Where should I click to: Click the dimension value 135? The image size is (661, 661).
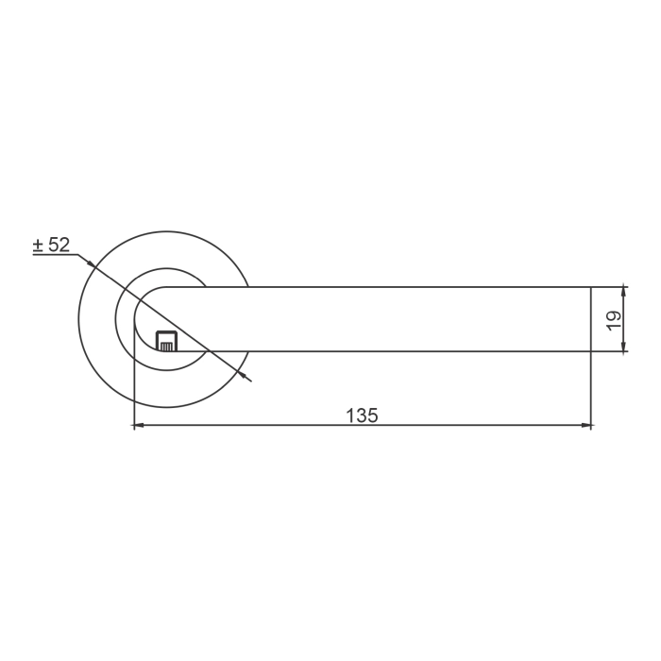[x=362, y=415]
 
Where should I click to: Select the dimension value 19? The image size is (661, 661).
[x=614, y=319]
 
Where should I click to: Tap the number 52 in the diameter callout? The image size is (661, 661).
[x=59, y=245]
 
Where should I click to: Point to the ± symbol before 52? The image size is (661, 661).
[x=39, y=246]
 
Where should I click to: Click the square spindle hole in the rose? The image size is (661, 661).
[x=166, y=341]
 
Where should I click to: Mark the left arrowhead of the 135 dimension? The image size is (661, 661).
[x=139, y=426]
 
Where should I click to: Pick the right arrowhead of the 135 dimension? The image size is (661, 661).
[x=586, y=426]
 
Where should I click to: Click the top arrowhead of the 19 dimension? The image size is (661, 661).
[x=623, y=291]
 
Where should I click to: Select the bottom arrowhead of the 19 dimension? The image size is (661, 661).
[x=623, y=347]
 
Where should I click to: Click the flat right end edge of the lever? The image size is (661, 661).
[x=591, y=319]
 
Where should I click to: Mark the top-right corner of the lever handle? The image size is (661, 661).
[x=591, y=287]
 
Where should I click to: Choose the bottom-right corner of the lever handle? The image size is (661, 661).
[x=591, y=351]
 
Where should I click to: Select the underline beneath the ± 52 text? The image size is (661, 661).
[x=52, y=255]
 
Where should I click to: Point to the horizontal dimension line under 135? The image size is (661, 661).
[x=283, y=426]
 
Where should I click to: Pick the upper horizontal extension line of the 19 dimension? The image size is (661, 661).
[x=609, y=287]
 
